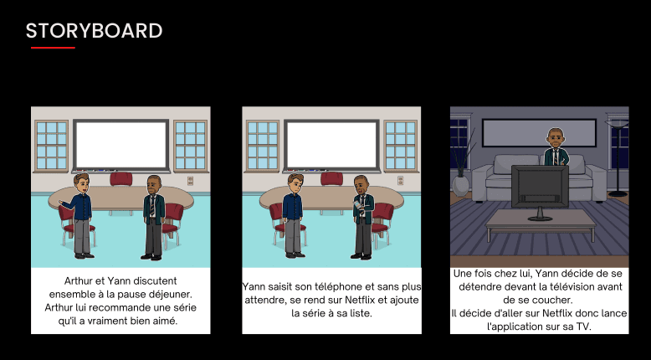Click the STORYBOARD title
(x=94, y=31)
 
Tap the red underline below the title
(x=53, y=48)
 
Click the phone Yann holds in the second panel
(x=357, y=200)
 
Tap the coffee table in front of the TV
(x=540, y=221)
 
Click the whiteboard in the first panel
(x=120, y=144)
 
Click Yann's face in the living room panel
(x=553, y=136)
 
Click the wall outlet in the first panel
(x=190, y=180)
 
